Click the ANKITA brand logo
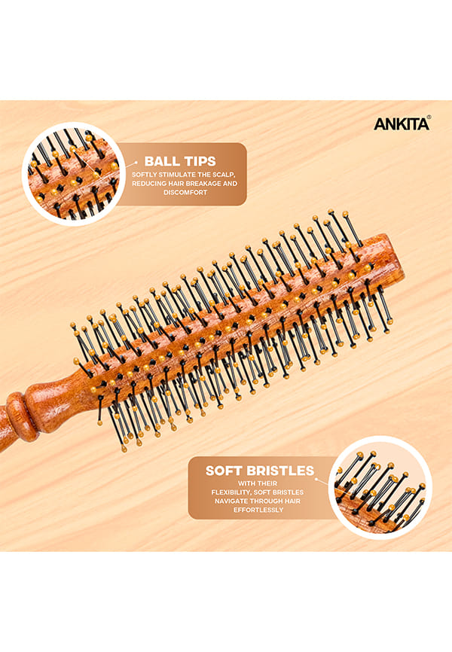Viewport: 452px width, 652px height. point(402,124)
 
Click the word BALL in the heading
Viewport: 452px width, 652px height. point(161,161)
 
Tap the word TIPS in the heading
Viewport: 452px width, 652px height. point(200,161)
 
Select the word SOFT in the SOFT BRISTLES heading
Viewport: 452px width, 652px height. point(224,471)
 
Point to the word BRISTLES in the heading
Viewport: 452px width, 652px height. point(280,471)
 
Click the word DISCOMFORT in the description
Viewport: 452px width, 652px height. point(185,193)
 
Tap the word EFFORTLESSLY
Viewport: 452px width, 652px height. point(258,510)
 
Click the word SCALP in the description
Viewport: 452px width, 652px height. point(225,175)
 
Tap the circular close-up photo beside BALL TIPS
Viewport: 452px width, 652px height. point(74,174)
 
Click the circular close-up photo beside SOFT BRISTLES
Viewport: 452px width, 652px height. point(380,487)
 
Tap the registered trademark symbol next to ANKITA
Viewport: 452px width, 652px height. point(429,117)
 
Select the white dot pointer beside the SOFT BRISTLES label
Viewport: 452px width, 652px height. point(316,479)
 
